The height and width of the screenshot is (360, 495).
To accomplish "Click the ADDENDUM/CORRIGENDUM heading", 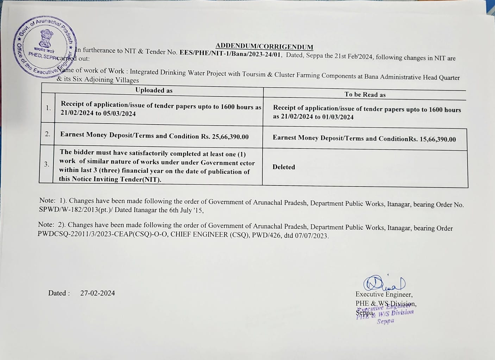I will coord(264,46).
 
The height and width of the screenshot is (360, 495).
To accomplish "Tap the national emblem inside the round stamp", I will coord(46,39).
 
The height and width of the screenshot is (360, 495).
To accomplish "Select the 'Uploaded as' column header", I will coord(154,90).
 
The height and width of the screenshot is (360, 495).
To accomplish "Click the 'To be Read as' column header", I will coord(365,95).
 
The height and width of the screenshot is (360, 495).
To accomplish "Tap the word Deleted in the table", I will coord(283,167).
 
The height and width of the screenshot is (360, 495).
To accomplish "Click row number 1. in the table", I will coord(48,108).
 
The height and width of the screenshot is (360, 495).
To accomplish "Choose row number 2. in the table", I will coord(48,134).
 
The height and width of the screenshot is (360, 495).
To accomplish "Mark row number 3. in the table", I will coord(46,164).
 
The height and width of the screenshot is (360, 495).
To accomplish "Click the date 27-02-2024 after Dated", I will coord(98,293).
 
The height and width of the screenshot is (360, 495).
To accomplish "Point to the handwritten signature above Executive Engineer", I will coord(384,283).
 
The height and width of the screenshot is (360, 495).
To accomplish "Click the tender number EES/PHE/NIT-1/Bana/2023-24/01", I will coord(230,53).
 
